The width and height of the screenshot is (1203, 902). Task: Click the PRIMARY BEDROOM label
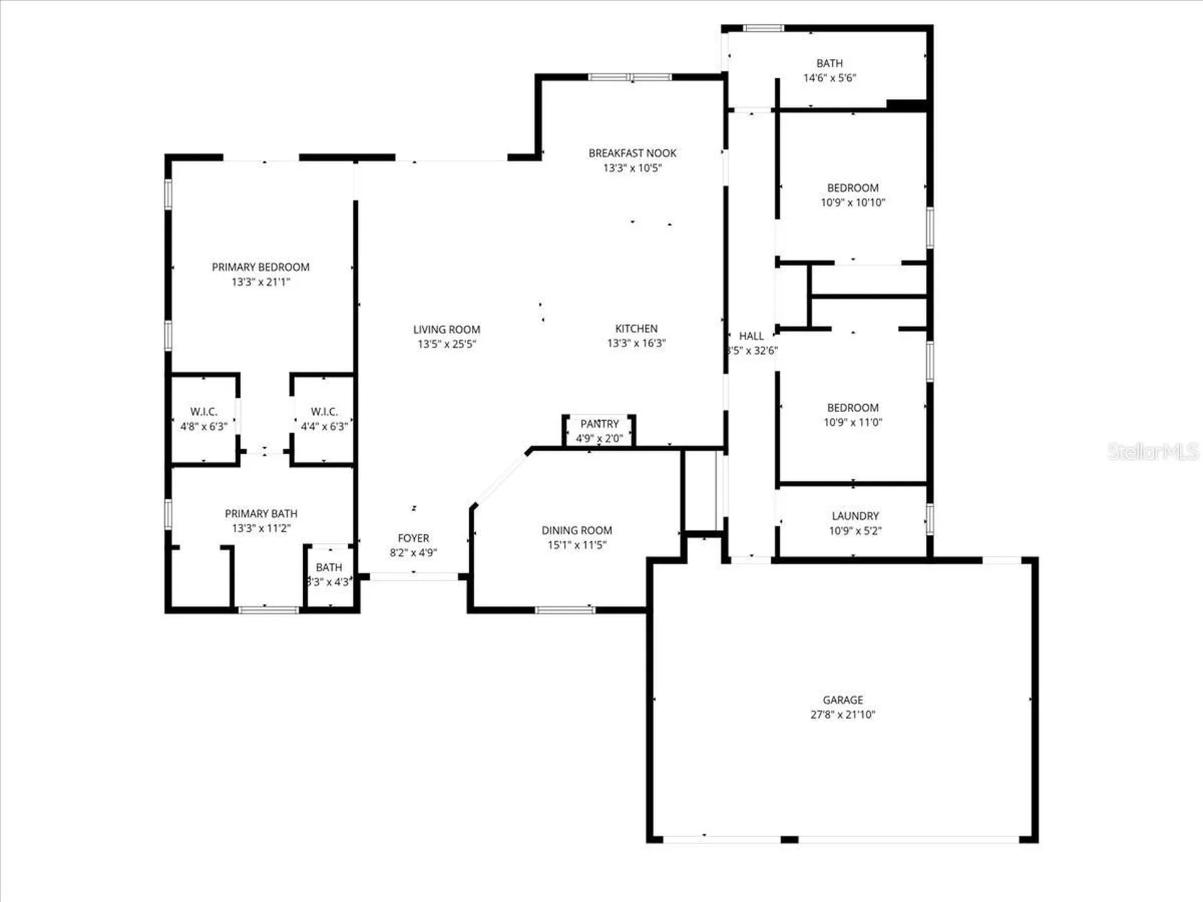tap(261, 267)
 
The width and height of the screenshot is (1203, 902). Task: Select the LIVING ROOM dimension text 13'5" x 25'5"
tap(447, 344)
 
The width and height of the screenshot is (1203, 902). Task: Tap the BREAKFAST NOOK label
tap(632, 153)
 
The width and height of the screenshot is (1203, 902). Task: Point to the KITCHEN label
tap(636, 329)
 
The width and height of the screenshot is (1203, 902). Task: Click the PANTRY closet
tap(600, 432)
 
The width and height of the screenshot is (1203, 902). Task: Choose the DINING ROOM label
tap(576, 531)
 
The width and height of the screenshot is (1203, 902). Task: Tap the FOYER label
tap(414, 538)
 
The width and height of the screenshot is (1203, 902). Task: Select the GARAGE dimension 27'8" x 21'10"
tap(843, 715)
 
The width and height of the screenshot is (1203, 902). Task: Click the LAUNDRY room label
tap(855, 516)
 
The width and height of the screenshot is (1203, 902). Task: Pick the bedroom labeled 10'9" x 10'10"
tap(853, 195)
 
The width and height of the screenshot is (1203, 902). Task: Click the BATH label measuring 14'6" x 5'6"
tap(830, 64)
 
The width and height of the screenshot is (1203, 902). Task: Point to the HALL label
tap(751, 336)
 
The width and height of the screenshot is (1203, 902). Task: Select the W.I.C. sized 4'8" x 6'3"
tap(204, 419)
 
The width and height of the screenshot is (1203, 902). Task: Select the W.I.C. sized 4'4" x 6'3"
tap(324, 419)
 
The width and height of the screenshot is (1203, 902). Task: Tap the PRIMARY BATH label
tap(261, 514)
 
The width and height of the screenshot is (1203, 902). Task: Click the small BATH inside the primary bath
tap(329, 574)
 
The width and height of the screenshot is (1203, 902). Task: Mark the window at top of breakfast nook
tap(630, 78)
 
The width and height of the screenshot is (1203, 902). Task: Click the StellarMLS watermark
tap(1152, 451)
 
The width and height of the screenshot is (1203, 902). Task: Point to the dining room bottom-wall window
tap(565, 609)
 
